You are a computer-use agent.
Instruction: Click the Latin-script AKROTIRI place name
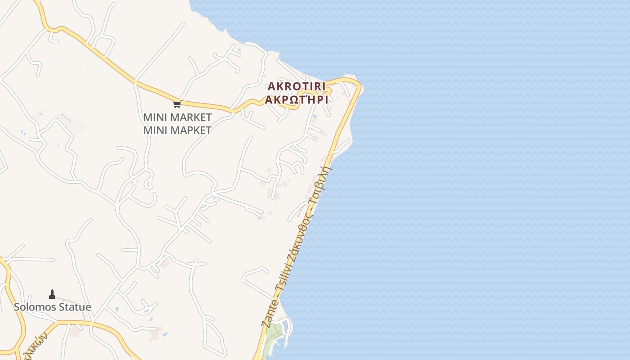click(297, 86)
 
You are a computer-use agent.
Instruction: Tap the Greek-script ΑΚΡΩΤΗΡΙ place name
click(297, 100)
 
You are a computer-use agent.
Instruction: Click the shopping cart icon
click(177, 104)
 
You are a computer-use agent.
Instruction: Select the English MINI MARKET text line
click(177, 117)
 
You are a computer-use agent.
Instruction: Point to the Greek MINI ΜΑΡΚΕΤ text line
click(177, 130)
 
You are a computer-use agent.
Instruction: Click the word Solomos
click(34, 307)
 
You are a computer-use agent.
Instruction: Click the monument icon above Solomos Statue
click(52, 294)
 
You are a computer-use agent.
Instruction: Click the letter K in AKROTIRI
click(279, 86)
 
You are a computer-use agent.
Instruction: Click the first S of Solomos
click(17, 307)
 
